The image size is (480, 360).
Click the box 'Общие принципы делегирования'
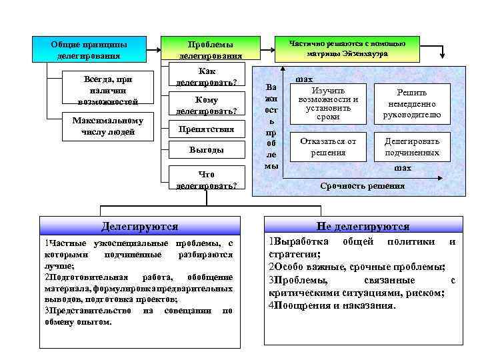pos(89,50)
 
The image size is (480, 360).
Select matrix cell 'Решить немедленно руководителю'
pos(411,104)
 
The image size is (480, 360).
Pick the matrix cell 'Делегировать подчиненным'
pos(411,147)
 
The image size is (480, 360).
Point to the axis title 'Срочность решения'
pos(362,186)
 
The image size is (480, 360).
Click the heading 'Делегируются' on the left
pos(139,227)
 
